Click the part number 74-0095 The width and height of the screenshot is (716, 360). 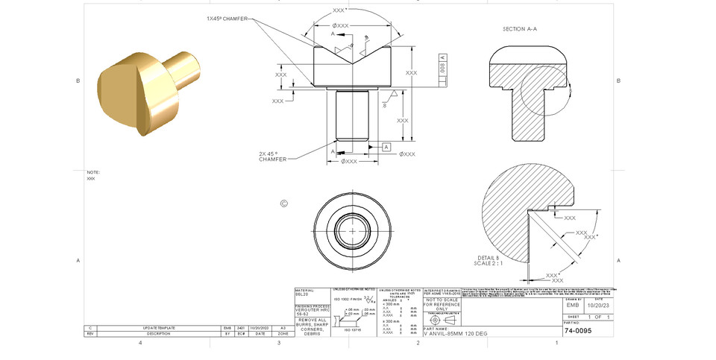click(578, 330)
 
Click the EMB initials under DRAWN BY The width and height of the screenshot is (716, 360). click(573, 304)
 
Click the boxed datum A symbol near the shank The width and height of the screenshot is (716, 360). click(386, 147)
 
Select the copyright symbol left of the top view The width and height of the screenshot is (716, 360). click(283, 203)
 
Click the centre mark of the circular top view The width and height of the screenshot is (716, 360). click(353, 231)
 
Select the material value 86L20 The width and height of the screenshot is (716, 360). click(301, 295)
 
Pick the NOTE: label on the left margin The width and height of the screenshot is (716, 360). click(93, 172)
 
